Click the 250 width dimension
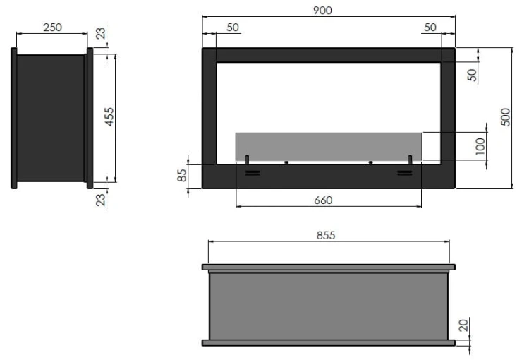[x=52, y=28]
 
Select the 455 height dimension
[x=109, y=117]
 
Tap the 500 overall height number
[x=504, y=117]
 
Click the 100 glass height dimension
[x=480, y=146]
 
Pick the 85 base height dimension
[x=182, y=175]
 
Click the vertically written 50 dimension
[x=473, y=73]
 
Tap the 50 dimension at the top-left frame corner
[x=233, y=28]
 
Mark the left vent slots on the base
[x=251, y=172]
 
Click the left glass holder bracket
[x=247, y=159]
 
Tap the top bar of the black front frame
[x=328, y=55]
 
